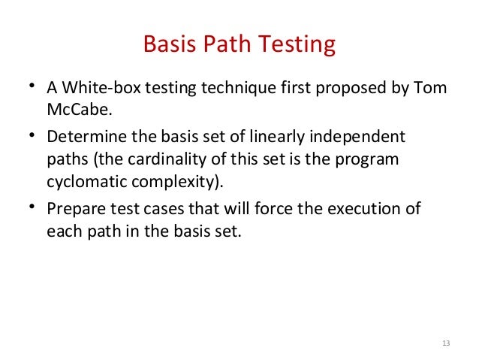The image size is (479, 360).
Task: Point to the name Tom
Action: point(430,89)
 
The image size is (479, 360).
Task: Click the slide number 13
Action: point(447,344)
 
